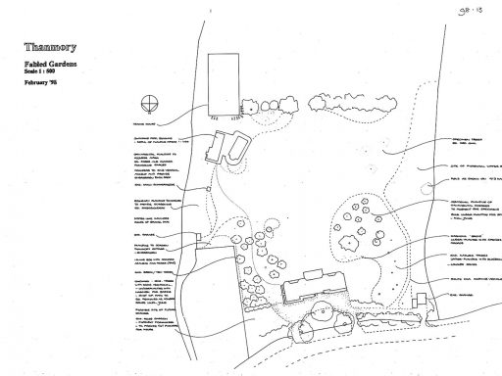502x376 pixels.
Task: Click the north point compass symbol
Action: coord(148,101)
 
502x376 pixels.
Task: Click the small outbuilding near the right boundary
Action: coord(420,299)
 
